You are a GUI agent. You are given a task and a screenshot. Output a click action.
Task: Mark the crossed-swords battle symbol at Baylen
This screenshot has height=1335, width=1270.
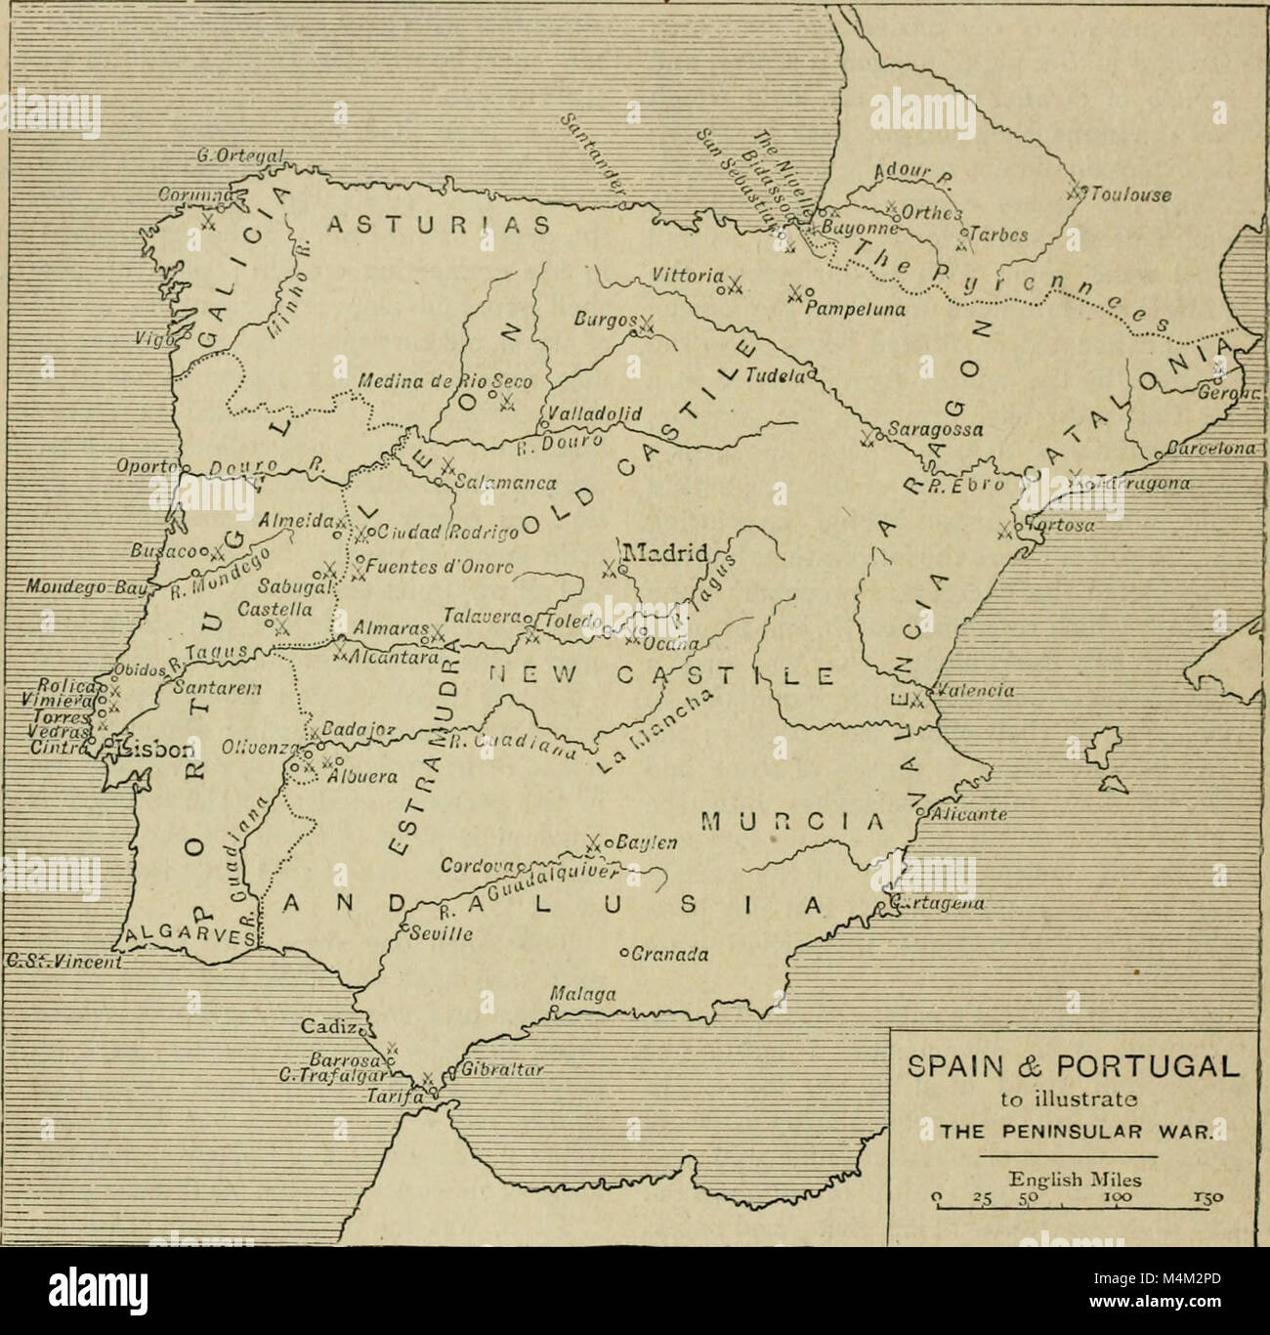click(592, 841)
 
